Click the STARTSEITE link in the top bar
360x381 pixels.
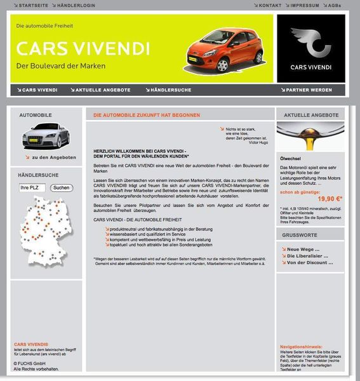tap(34, 5)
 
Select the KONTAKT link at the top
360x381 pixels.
tap(269, 5)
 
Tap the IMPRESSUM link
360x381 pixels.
tap(304, 5)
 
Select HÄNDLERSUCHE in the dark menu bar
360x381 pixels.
tap(168, 90)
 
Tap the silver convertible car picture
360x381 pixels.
tap(45, 136)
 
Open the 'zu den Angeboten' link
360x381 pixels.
tap(53, 157)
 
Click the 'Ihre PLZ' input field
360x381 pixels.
tap(32, 188)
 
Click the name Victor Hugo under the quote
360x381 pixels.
tap(258, 142)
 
